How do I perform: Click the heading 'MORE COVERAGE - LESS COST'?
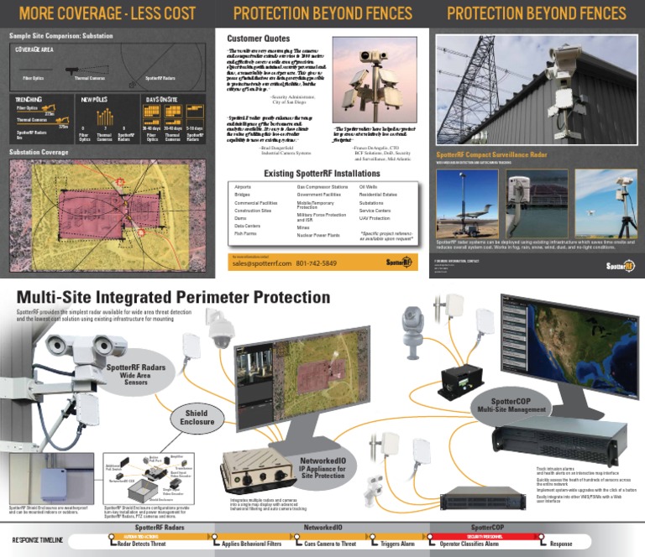coord(107,13)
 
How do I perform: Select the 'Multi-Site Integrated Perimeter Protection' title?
coord(172,297)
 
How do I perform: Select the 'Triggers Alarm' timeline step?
coord(396,544)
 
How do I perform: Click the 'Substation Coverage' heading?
coord(38,152)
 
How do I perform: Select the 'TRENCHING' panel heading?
coord(29,98)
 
